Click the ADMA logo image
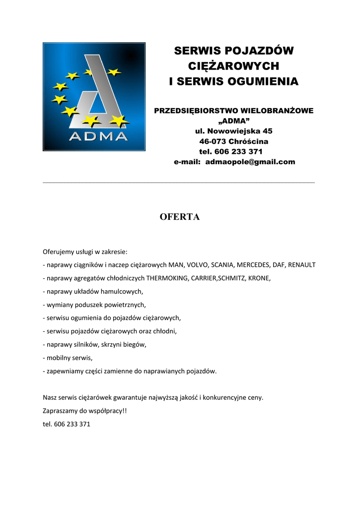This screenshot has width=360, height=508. [x=94, y=96]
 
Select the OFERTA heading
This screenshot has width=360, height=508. [x=179, y=217]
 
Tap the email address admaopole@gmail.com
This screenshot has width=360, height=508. [x=250, y=162]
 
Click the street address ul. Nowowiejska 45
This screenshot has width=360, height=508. [x=233, y=131]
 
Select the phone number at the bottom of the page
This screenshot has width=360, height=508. [x=72, y=424]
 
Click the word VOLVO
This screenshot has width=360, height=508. [x=197, y=264]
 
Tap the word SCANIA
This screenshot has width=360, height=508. [x=228, y=264]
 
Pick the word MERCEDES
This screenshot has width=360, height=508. [x=263, y=264]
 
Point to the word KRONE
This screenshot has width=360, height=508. [x=259, y=278]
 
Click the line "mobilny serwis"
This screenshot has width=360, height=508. [x=69, y=357]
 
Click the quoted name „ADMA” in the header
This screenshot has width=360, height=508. [x=234, y=121]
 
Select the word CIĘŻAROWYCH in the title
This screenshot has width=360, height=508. [x=233, y=65]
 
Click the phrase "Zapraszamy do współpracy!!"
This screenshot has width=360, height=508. [x=85, y=411]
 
